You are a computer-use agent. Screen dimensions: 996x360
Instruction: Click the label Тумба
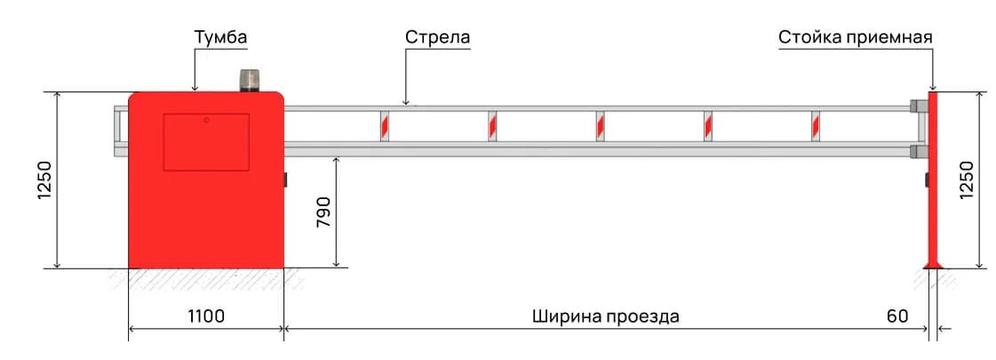[220, 38]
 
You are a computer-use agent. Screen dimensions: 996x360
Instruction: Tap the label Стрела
[437, 38]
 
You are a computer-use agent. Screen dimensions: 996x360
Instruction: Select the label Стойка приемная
[855, 38]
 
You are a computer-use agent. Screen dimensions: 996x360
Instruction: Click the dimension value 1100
[206, 316]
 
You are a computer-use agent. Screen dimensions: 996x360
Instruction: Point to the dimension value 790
[323, 213]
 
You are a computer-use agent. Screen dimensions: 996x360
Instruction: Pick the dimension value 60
[897, 316]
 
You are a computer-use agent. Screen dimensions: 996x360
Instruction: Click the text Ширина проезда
[606, 316]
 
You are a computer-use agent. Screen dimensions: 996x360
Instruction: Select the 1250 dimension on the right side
[968, 180]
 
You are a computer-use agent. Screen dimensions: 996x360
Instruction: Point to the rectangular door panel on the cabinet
[205, 141]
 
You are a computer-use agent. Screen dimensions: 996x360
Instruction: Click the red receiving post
[933, 178]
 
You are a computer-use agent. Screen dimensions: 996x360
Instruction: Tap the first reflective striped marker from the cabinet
[385, 125]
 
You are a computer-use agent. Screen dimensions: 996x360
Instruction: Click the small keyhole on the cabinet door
[206, 120]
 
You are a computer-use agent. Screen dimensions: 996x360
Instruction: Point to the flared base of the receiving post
[933, 262]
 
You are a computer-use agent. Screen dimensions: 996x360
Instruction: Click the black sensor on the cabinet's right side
[287, 180]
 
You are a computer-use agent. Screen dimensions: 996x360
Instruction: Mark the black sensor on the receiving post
[926, 180]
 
